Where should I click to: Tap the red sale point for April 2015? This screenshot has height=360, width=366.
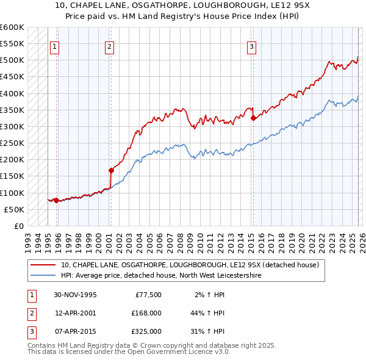tap(253, 118)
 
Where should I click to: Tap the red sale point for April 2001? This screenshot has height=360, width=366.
tap(111, 171)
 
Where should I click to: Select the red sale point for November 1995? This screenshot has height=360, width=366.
tap(56, 200)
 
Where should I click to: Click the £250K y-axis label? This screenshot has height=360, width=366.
tap(12, 143)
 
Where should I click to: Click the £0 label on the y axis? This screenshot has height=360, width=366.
tap(18, 226)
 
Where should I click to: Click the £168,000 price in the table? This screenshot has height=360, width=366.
tap(146, 313)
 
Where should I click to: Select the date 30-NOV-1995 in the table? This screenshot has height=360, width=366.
tap(75, 295)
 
